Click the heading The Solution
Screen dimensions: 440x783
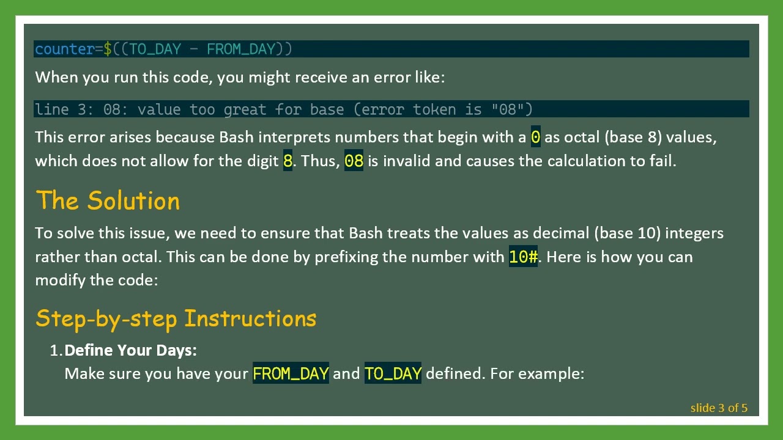[x=108, y=201]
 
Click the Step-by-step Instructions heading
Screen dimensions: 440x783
[x=176, y=318]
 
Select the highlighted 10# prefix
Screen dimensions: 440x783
[x=523, y=257]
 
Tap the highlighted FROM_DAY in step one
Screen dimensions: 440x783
[x=291, y=373]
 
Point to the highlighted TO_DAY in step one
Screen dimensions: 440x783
[x=393, y=373]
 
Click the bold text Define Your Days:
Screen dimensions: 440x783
[x=130, y=350]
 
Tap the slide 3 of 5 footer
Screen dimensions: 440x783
[x=719, y=408]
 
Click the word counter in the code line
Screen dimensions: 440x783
[x=64, y=49]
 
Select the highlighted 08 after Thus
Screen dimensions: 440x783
[x=354, y=161]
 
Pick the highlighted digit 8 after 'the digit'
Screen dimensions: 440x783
[x=288, y=161]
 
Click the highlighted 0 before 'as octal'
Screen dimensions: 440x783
[x=535, y=137]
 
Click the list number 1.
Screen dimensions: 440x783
[x=56, y=350]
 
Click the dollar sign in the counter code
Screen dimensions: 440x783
[x=108, y=49]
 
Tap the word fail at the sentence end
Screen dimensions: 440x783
[x=663, y=161]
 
